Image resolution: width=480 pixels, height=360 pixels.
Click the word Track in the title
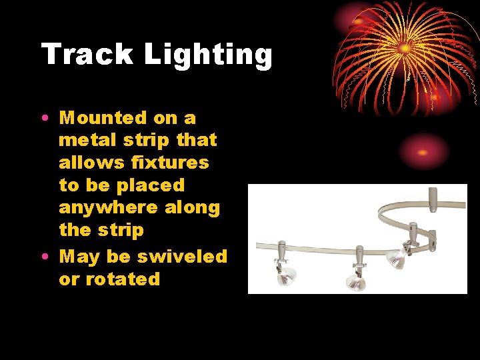pos(87,54)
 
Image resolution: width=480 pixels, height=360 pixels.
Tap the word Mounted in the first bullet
pos(103,118)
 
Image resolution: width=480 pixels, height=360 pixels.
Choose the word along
pos(193,208)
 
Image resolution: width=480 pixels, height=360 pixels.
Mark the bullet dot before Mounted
pos(43,119)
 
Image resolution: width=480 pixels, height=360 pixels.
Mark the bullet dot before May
pos(43,257)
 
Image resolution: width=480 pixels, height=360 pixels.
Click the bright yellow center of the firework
pos(405,48)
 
